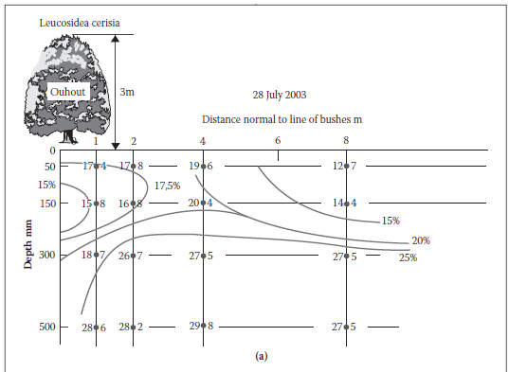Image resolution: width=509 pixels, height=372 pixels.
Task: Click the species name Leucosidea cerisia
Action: (x=80, y=23)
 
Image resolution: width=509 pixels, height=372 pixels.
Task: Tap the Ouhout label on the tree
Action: (x=68, y=92)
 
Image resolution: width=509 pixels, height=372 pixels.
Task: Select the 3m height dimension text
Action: (x=127, y=92)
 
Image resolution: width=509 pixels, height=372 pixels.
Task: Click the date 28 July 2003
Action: (x=280, y=95)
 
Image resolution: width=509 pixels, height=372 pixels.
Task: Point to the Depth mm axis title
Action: (x=28, y=244)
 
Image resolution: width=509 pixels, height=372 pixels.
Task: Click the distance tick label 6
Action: (x=278, y=141)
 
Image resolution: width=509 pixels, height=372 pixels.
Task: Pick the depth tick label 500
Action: (x=47, y=327)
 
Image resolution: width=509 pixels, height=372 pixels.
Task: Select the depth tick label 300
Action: (x=47, y=255)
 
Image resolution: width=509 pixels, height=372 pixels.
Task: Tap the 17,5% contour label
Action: (x=167, y=186)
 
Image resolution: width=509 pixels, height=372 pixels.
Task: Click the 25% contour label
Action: (x=408, y=257)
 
